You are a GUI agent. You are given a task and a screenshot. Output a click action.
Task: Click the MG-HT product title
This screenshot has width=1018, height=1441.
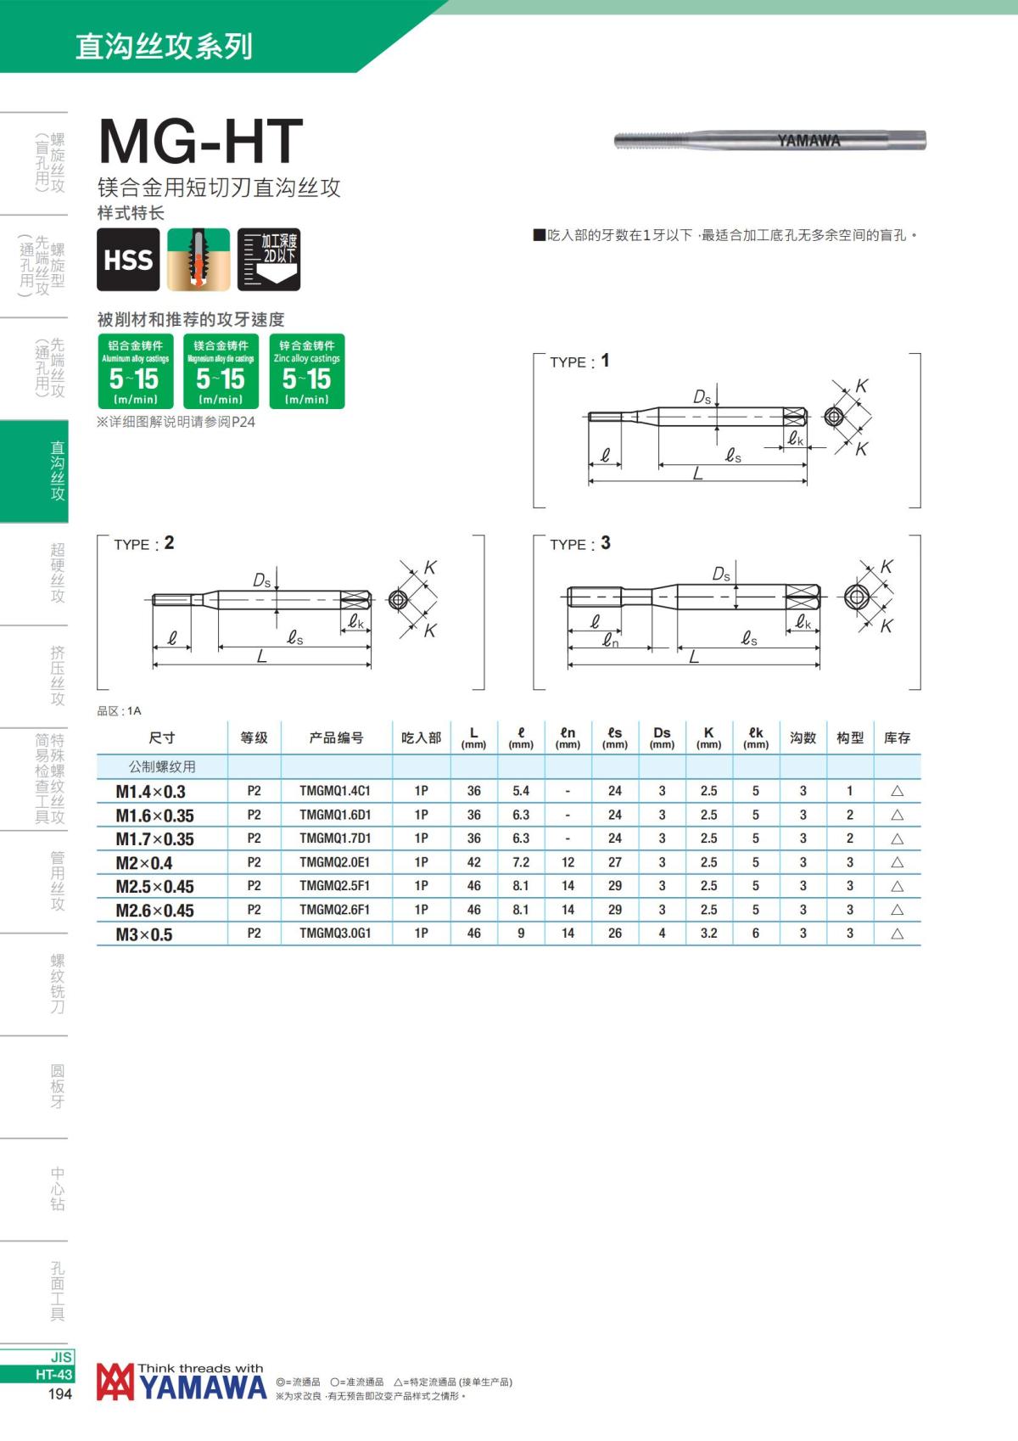[x=200, y=142]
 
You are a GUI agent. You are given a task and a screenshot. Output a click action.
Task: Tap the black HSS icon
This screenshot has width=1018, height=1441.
[x=128, y=259]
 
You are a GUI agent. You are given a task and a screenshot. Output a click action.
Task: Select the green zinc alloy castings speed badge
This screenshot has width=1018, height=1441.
[x=307, y=371]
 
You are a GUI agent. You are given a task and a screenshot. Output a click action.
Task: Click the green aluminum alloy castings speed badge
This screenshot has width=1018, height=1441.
[x=136, y=371]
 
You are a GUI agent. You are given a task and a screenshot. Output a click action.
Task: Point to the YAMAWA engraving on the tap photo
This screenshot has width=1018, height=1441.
[x=808, y=141]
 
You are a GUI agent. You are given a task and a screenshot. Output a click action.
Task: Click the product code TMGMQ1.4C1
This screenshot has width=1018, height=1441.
[x=335, y=791]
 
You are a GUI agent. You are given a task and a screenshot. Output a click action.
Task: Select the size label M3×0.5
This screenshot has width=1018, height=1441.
[x=144, y=934]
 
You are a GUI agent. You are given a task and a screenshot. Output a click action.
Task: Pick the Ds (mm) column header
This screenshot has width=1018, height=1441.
[x=662, y=737]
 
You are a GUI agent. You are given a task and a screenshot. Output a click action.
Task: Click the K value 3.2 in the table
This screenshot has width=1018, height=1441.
[x=708, y=934]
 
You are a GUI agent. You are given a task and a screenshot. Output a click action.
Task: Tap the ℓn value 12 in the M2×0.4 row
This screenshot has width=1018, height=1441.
[x=568, y=862]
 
